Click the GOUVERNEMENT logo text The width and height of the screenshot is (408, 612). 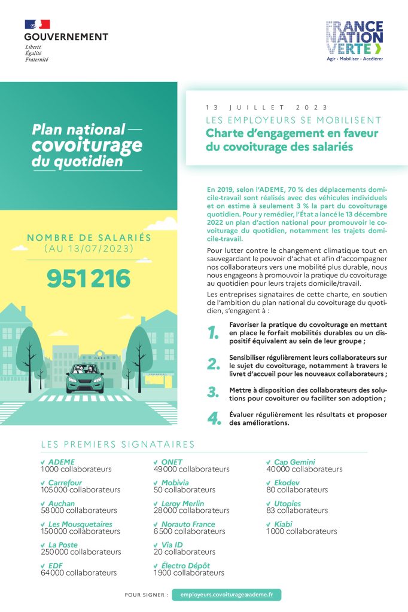tap(66, 36)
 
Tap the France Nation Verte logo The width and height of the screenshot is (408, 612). tap(355, 41)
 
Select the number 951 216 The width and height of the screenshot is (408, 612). tap(89, 279)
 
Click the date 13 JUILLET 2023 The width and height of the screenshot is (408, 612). tap(266, 108)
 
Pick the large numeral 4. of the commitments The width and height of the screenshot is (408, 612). tap(214, 418)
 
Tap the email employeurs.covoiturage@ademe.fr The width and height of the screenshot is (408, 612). tap(226, 595)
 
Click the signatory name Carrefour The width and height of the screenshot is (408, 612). tap(65, 482)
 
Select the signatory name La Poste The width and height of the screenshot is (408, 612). tap(63, 544)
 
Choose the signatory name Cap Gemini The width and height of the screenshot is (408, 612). tap(294, 462)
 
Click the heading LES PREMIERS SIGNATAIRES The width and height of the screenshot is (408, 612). tap(118, 444)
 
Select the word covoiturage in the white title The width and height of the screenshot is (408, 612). tap(87, 145)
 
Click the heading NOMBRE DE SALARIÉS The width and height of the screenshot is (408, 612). tap(89, 238)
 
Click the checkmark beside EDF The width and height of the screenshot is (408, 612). tap(43, 565)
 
